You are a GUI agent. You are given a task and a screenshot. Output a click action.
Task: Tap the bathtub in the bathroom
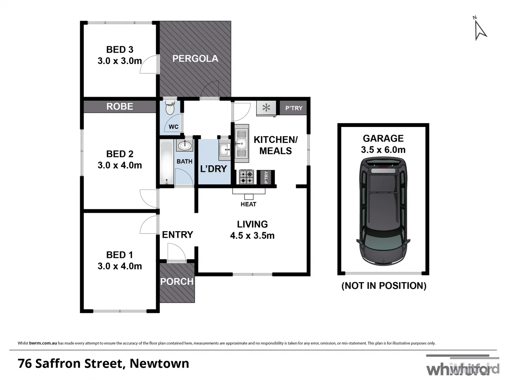point(167,163)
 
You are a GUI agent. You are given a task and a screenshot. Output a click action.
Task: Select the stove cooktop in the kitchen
point(246,177)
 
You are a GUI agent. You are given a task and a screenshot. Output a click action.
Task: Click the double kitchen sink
point(242,143)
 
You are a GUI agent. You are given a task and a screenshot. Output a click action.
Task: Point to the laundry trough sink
point(224,149)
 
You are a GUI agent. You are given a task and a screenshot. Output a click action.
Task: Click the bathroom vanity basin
point(184,145)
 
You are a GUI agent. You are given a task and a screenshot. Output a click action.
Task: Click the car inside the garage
point(383,211)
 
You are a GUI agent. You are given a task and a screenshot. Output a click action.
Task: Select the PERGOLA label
point(195,58)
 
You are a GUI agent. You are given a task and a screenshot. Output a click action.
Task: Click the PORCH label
point(177,281)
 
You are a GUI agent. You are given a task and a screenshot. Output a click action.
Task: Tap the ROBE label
point(120,106)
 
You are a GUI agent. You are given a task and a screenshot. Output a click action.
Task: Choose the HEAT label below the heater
point(248,204)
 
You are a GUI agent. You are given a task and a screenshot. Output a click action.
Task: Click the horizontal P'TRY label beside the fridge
point(294,108)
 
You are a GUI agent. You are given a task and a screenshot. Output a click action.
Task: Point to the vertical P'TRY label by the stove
point(266,177)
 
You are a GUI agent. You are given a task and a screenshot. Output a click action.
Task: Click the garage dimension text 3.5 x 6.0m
point(383,150)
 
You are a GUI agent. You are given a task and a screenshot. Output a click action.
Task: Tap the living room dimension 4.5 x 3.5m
point(252,235)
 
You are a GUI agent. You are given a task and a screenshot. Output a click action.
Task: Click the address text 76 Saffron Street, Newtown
point(103,363)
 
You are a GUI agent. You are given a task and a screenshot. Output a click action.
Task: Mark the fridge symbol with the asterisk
point(266,108)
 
